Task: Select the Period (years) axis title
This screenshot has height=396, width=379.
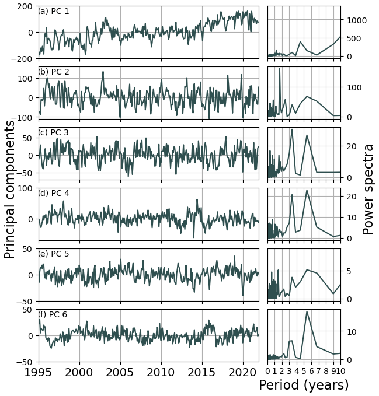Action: pos(304,385)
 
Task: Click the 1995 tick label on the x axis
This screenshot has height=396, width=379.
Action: pos(39,373)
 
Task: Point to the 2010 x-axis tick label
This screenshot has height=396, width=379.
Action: pos(161,373)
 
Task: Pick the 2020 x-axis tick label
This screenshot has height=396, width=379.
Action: pos(242,373)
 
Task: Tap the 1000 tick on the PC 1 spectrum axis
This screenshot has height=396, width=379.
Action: pos(356,20)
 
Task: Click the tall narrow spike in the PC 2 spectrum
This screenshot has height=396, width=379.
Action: pos(279,69)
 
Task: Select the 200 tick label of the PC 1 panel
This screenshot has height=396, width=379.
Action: pos(25,6)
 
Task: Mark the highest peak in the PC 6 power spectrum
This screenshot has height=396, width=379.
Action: pos(307,311)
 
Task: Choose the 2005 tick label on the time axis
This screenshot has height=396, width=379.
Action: pos(120,373)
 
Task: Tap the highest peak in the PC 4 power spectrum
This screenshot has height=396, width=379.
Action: pos(307,190)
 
